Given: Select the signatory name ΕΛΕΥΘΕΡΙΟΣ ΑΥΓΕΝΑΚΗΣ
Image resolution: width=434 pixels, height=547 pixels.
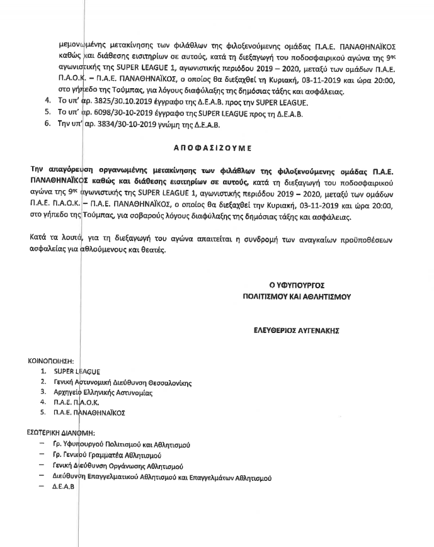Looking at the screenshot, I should click(x=297, y=329).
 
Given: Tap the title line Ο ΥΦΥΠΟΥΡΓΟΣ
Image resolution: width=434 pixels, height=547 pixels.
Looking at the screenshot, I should click(x=297, y=285).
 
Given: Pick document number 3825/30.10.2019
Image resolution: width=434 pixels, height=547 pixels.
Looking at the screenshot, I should click(x=100, y=101).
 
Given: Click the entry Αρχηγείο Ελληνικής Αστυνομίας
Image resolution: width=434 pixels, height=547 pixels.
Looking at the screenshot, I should click(x=103, y=392).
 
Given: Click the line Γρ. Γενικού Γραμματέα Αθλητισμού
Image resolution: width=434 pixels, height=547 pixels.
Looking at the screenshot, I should click(x=108, y=454).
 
